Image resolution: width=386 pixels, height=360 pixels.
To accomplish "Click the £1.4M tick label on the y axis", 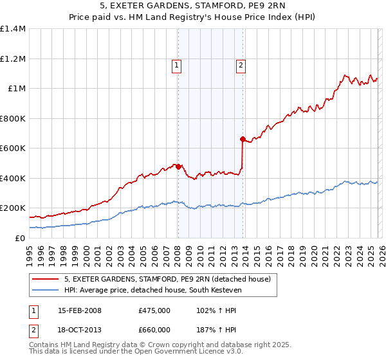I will click(13, 29).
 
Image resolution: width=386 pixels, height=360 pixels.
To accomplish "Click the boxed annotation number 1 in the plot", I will click(176, 65).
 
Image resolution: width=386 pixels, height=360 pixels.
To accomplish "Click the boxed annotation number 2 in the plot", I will click(241, 65).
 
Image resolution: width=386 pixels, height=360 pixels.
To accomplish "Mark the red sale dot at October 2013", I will click(243, 139).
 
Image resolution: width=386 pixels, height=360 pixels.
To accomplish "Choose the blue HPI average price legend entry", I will click(160, 290).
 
